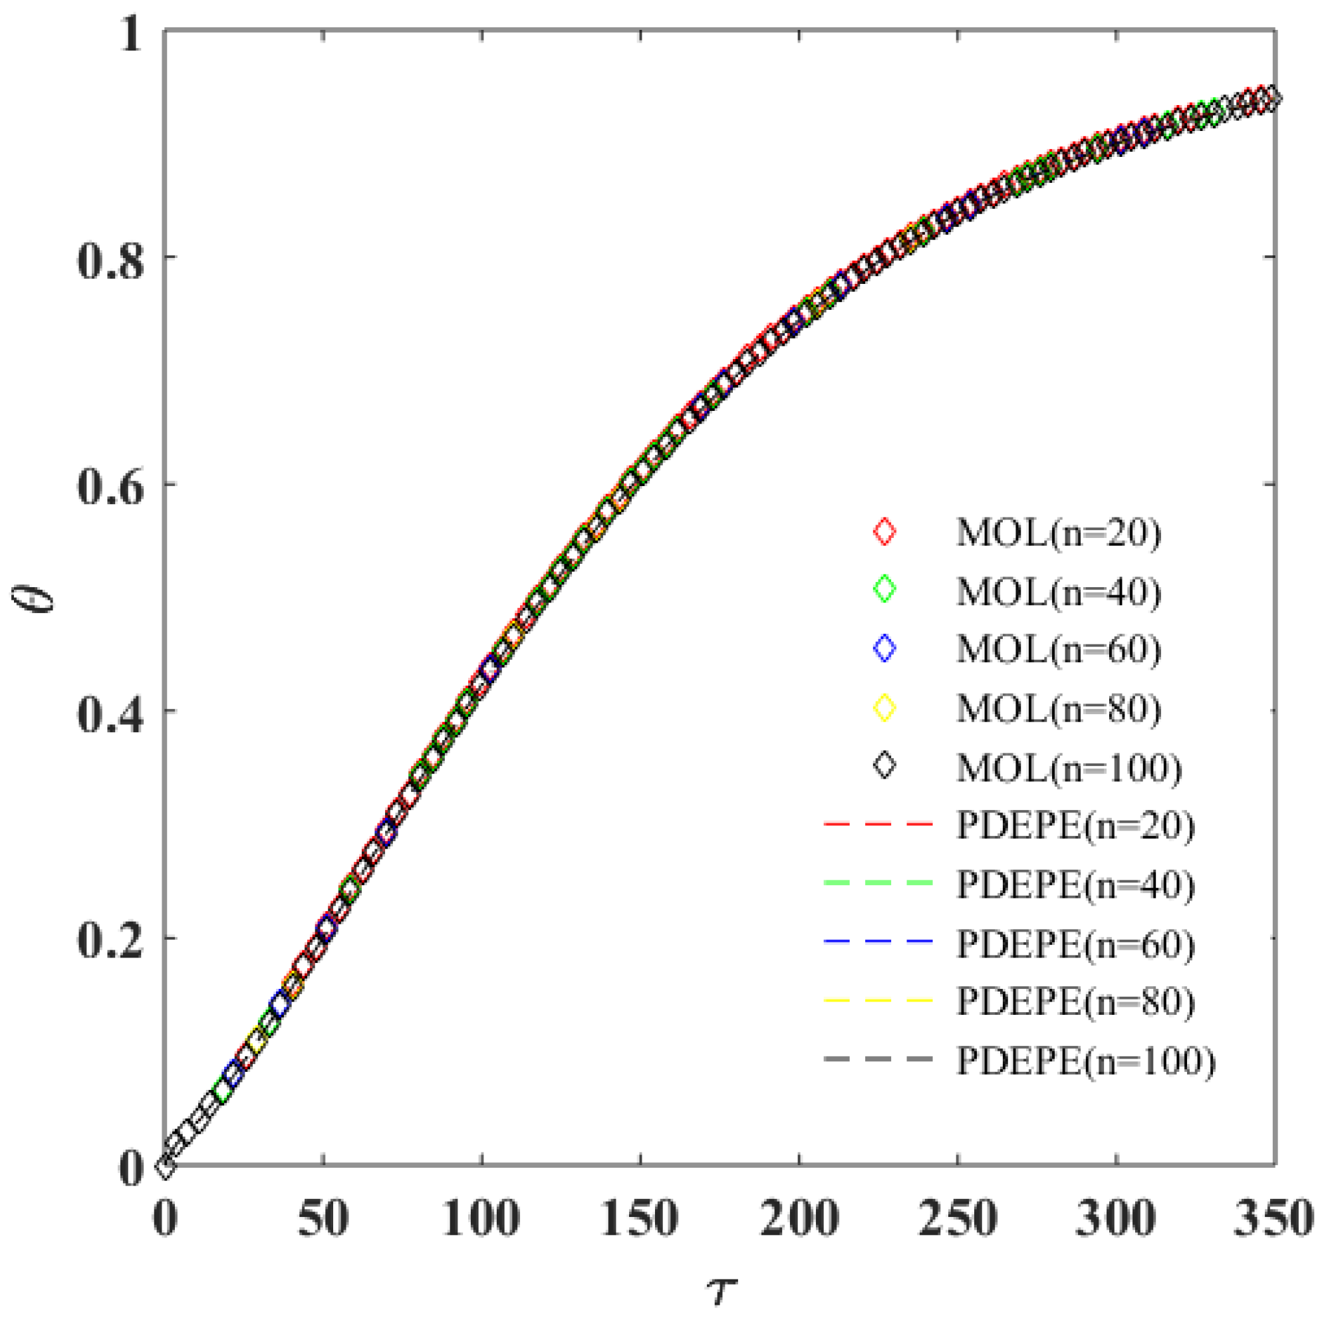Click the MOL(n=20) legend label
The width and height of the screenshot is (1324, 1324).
point(1059,533)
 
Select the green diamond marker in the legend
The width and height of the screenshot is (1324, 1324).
point(884,590)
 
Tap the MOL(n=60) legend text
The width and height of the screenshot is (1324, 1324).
point(1059,649)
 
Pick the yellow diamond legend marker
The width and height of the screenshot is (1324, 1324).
point(884,708)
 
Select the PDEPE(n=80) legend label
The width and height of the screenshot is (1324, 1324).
point(1075,1001)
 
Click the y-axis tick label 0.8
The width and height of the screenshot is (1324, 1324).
point(110,260)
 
